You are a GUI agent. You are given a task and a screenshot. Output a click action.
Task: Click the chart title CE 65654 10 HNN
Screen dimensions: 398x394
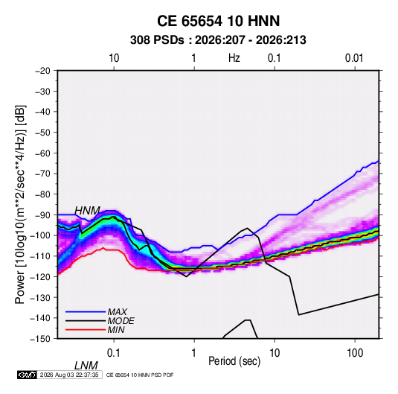tap(218, 21)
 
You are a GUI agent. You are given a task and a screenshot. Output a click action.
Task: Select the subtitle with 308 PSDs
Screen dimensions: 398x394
tap(218, 40)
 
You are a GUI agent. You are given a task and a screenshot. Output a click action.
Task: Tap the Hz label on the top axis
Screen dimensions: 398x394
tap(234, 58)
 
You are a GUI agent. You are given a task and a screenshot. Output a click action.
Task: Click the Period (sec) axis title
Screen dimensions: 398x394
tap(234, 360)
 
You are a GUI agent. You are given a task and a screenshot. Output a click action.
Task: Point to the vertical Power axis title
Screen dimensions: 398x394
tap(20, 204)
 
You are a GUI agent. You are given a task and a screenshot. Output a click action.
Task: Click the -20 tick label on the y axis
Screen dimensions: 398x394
tap(42, 71)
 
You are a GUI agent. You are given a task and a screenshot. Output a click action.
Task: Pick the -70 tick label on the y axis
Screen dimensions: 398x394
tap(42, 174)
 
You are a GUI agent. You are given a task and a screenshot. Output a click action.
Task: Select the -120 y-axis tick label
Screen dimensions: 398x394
tap(40, 276)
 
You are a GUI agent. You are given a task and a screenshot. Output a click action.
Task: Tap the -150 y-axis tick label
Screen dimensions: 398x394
tap(40, 339)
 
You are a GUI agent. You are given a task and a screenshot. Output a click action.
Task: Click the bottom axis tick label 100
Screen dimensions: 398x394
tap(355, 353)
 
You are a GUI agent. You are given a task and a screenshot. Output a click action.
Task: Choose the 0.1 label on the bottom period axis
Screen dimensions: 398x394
tap(114, 353)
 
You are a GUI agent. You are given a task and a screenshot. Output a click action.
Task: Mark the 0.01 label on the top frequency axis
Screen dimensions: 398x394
tap(354, 58)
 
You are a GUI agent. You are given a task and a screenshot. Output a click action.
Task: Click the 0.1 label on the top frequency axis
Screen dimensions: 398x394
tap(275, 58)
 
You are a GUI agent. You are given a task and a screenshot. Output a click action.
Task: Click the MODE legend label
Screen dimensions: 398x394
tap(121, 321)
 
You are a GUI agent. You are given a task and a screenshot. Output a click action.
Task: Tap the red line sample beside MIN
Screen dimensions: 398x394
tap(86, 330)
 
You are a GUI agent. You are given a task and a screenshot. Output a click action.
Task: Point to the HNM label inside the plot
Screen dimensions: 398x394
tap(87, 211)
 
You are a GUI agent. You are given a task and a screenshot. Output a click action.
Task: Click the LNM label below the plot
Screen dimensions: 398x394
tap(86, 366)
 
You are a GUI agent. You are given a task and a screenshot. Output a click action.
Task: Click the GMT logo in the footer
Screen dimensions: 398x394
tap(28, 375)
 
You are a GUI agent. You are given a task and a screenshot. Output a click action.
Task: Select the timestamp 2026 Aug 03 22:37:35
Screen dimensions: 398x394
tap(69, 375)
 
